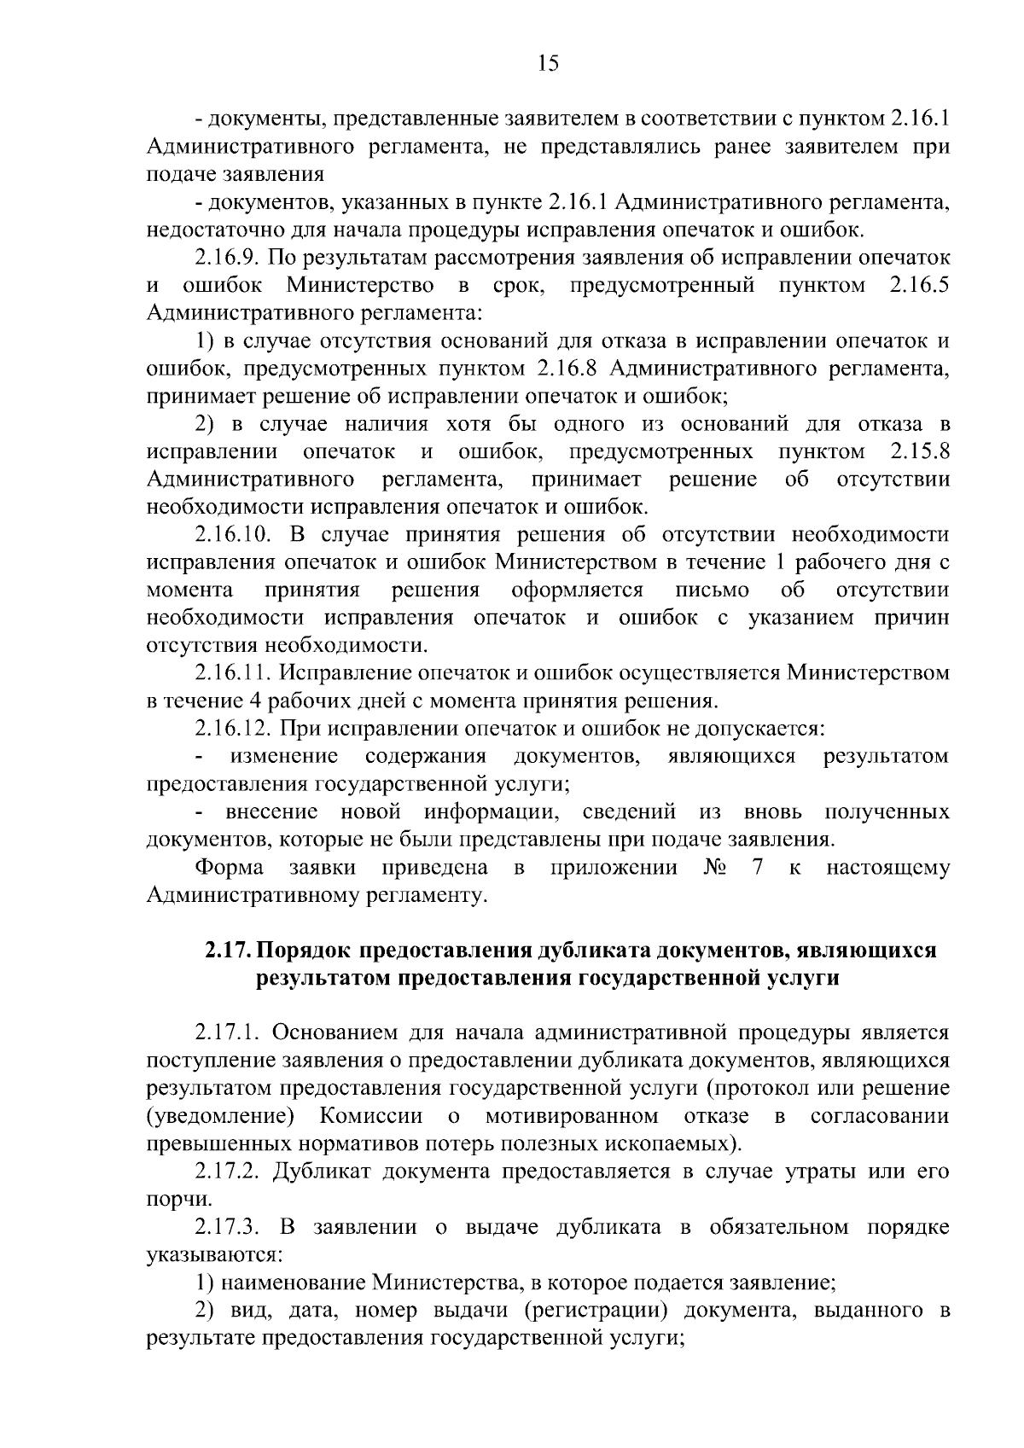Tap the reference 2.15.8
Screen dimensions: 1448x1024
point(919,451)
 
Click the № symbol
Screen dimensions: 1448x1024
point(716,868)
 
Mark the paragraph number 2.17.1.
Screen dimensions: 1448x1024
point(226,1032)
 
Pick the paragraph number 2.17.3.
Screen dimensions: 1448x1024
point(226,1227)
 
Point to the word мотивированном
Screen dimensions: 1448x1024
point(572,1116)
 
